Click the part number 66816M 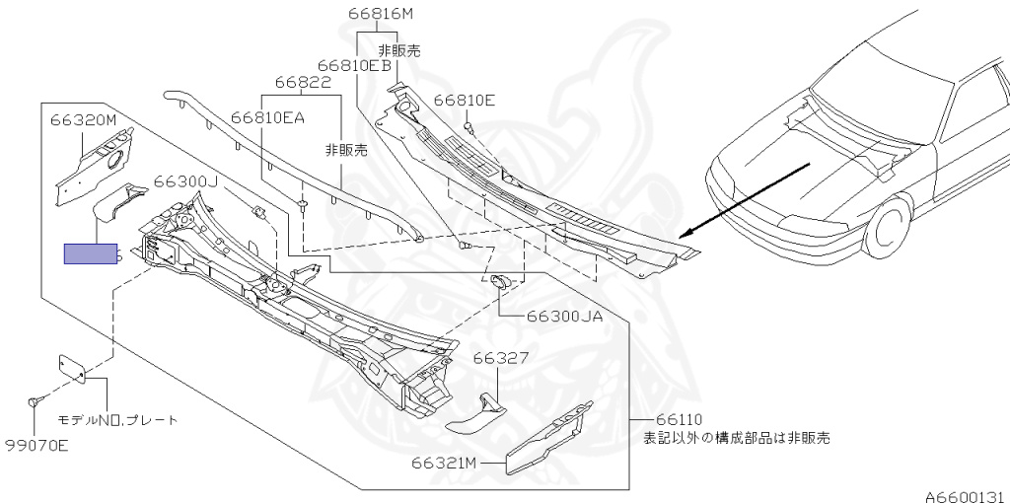(380, 14)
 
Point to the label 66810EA (267, 116)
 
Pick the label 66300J (185, 181)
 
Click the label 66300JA (564, 317)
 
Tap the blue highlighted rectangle (91, 254)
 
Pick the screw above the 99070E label (36, 401)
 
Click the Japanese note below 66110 (736, 437)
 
